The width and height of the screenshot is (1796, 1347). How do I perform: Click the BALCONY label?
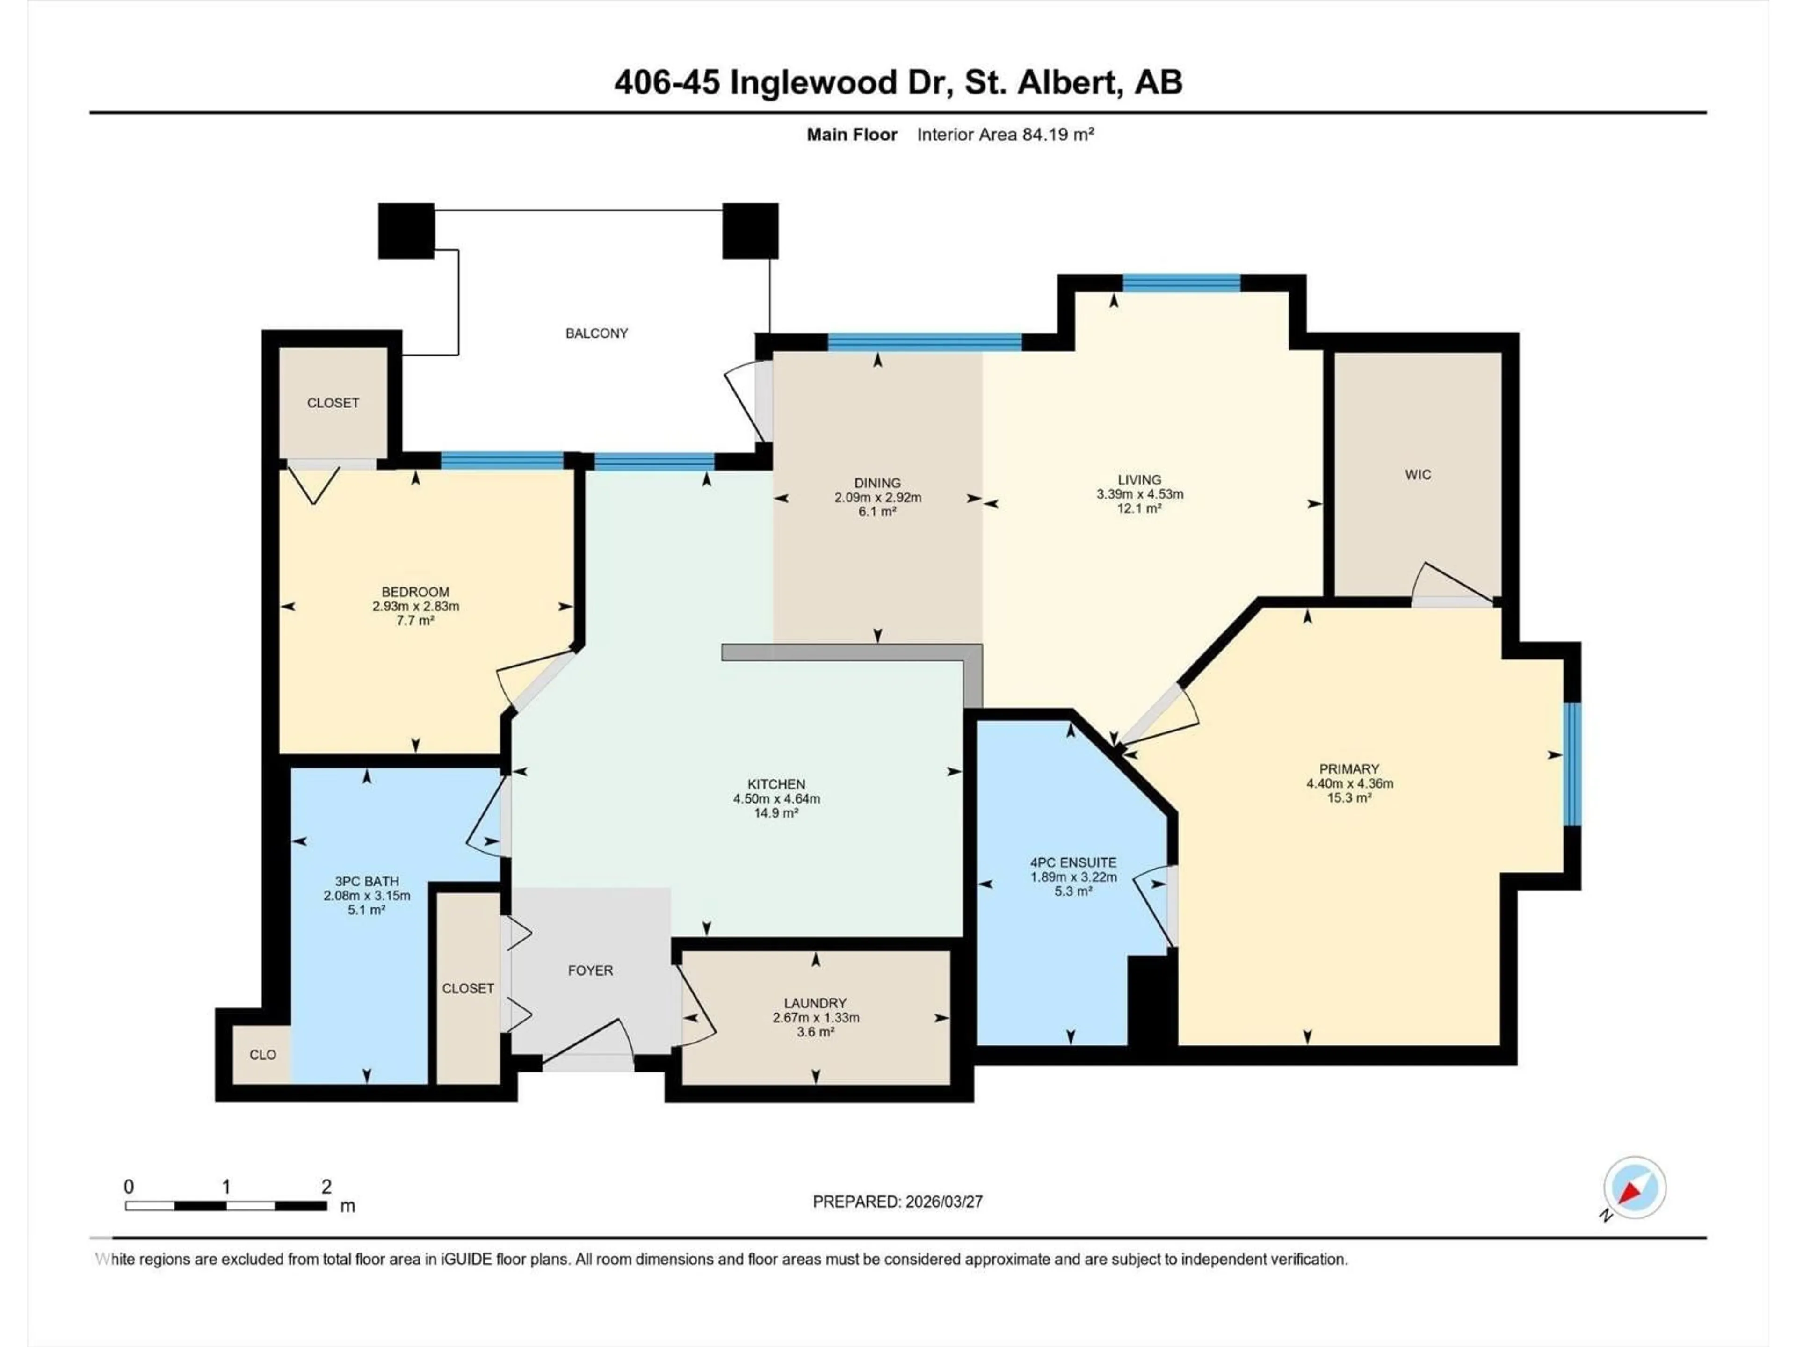click(597, 333)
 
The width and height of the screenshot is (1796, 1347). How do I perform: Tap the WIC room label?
click(1418, 474)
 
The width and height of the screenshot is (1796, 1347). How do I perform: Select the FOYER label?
click(590, 970)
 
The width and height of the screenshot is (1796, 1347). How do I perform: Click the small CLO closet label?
click(262, 1055)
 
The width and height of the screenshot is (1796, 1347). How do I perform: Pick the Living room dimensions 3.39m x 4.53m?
click(1139, 493)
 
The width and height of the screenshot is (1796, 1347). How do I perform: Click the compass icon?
click(1635, 1188)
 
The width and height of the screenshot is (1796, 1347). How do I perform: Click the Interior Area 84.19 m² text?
click(1005, 135)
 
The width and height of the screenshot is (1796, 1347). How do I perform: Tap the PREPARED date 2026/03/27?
click(942, 1202)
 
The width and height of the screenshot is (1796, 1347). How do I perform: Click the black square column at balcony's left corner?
click(406, 231)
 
